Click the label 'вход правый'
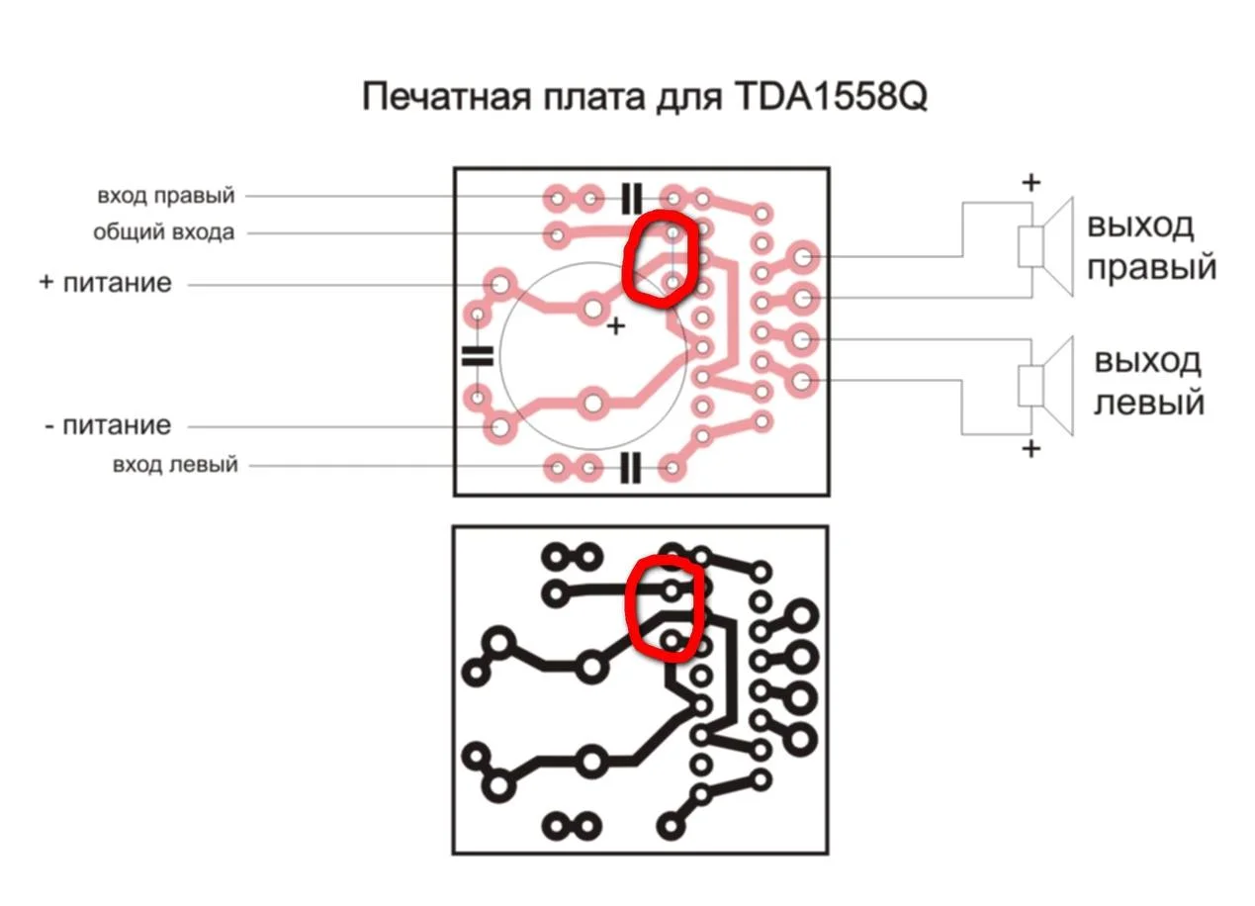coord(166,196)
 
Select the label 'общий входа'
coord(163,232)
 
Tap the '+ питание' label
coord(106,283)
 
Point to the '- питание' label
coord(108,425)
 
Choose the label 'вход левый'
coord(175,465)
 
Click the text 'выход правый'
coord(1152,246)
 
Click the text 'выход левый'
coord(1148,382)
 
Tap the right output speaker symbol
coord(1045,246)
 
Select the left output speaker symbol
coord(1045,386)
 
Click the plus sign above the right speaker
coord(1031,183)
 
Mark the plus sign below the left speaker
coord(1031,448)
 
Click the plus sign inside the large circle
coord(616,325)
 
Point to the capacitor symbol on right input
coord(631,199)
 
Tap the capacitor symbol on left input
coord(631,467)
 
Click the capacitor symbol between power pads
coord(477,355)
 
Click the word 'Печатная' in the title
coord(446,96)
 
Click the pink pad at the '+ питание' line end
coord(499,285)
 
